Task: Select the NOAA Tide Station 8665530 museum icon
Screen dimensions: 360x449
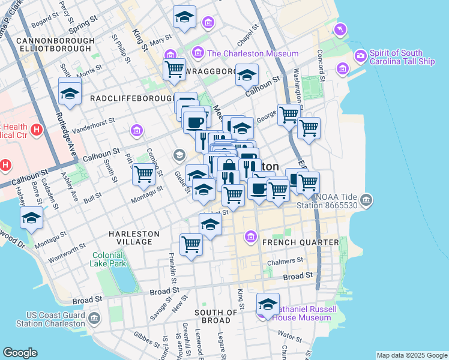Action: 366,199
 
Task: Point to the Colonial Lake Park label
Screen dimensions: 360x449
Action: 109,259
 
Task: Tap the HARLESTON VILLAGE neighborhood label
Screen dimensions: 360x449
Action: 134,238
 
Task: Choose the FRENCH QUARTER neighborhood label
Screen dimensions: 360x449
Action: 293,242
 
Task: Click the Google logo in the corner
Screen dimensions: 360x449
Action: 20,353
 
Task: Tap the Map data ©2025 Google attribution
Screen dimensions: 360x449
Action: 412,355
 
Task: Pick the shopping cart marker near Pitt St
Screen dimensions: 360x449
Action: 143,174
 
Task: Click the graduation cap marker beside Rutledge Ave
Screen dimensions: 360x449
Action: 70,93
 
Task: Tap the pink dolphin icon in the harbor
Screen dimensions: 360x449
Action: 341,29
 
